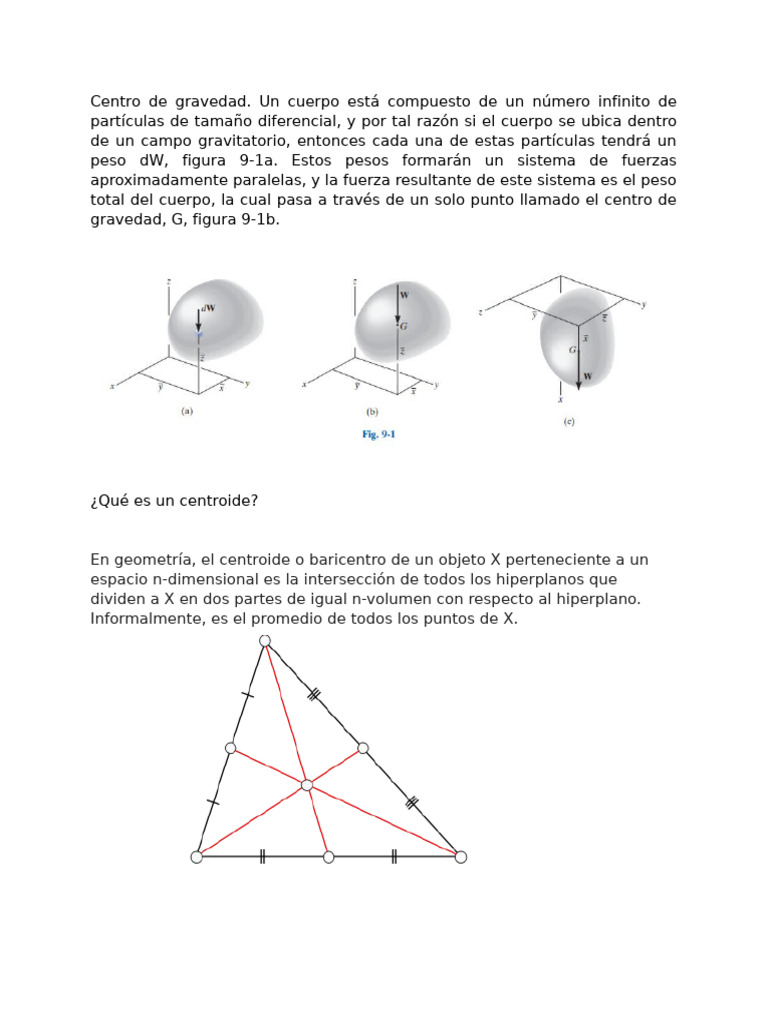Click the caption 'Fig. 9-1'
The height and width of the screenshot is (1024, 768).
tap(378, 435)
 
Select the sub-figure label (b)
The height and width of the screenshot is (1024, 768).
tap(372, 411)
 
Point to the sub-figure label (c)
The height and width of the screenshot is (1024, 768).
tap(569, 422)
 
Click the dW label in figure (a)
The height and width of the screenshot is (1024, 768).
tap(208, 309)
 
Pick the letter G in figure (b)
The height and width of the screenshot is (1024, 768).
tap(403, 326)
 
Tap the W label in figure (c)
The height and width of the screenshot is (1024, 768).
tap(587, 378)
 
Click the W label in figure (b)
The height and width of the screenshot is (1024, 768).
tap(404, 295)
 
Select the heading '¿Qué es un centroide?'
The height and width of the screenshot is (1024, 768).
tap(174, 500)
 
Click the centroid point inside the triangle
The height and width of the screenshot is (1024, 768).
tap(307, 785)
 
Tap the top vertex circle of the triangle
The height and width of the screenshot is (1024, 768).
tap(264, 641)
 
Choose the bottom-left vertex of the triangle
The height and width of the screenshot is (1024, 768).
tap(197, 857)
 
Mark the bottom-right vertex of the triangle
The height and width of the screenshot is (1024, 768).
tap(460, 857)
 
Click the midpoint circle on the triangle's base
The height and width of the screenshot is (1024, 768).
tap(329, 857)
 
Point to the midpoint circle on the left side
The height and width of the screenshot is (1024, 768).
tap(231, 748)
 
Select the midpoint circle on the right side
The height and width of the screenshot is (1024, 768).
tap(363, 748)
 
